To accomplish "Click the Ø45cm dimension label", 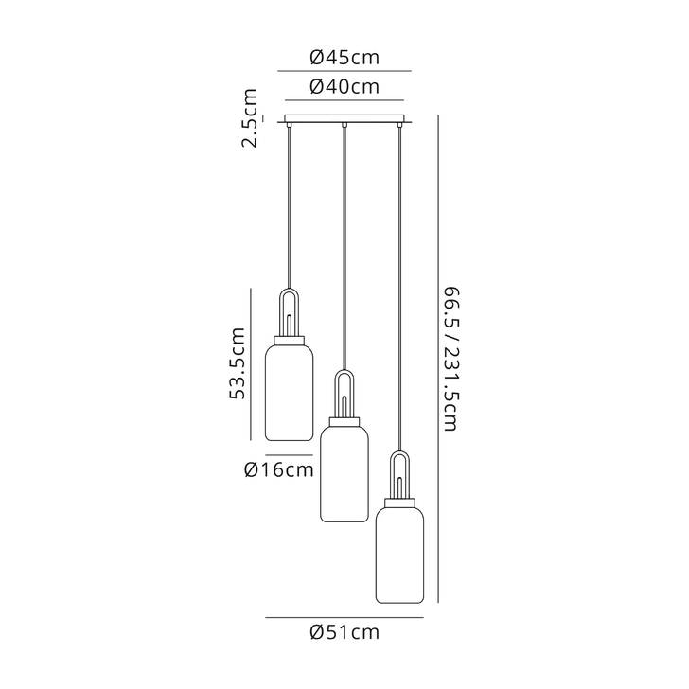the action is [344, 58].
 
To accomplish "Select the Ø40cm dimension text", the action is [344, 87].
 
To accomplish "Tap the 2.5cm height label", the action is [250, 118].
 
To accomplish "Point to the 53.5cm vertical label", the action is [238, 363].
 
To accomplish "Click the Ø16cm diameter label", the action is [279, 470].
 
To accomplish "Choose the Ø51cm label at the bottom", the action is [344, 632].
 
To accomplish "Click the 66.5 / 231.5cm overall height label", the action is [450, 359].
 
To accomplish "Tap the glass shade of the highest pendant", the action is [290, 393].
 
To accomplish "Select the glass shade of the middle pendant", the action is [344, 473].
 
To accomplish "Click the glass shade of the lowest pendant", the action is [399, 555].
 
